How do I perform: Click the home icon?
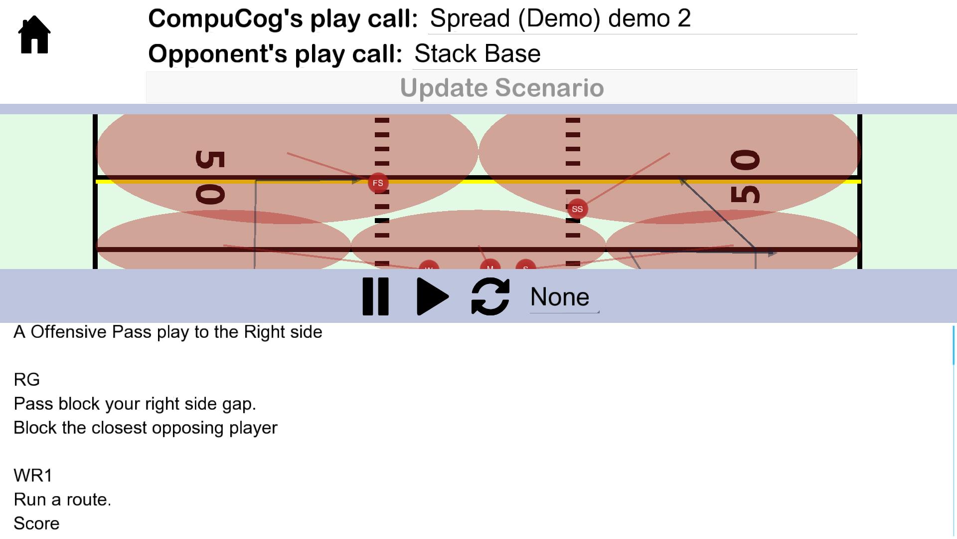tap(34, 34)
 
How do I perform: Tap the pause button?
tap(375, 296)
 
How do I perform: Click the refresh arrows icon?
tap(490, 296)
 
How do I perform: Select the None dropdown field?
tap(564, 297)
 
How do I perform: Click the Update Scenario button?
tap(501, 88)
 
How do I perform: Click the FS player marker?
tap(378, 183)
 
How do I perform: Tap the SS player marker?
tap(577, 209)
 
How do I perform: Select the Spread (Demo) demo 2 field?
tap(642, 19)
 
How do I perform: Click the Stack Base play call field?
tap(634, 54)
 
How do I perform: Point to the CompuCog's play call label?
tap(283, 19)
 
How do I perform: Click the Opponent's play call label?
tap(275, 54)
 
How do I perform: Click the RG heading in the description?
tap(26, 380)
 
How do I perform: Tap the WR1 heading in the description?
tap(33, 476)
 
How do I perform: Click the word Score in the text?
tap(36, 524)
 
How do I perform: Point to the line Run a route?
tap(62, 500)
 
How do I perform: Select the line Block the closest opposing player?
tap(145, 428)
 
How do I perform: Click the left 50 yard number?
tap(209, 178)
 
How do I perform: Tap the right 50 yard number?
tap(745, 177)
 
